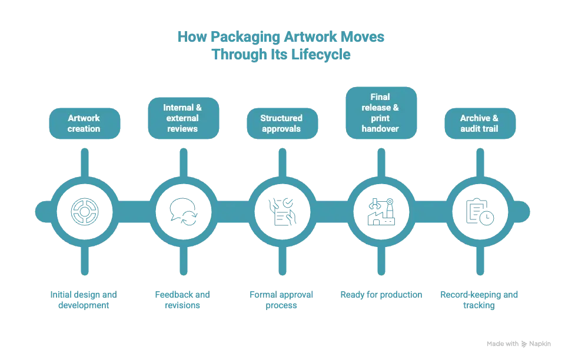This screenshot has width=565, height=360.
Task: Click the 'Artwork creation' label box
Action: coord(84,124)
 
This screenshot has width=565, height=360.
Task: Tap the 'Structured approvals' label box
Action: coord(282,124)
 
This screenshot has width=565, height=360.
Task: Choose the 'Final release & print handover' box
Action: coord(381,113)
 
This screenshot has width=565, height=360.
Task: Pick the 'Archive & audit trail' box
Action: coord(480,124)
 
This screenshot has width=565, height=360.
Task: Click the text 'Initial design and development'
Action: coord(84,300)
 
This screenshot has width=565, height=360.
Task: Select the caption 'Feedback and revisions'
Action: coord(183,300)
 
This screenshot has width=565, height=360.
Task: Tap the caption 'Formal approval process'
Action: coord(282,300)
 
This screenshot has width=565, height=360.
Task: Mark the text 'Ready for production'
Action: coord(381,295)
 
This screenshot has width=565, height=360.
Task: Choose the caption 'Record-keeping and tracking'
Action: coord(480,300)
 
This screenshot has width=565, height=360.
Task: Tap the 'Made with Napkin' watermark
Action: coord(519,344)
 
